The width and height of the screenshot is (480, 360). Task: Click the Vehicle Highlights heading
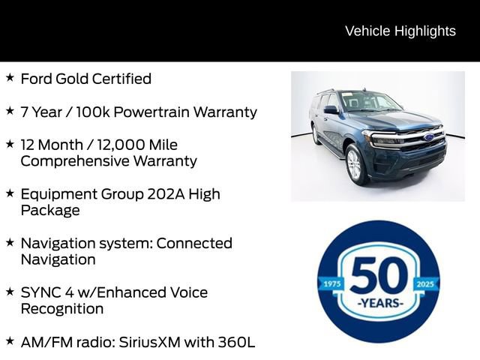click(x=400, y=31)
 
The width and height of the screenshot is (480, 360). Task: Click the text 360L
click(x=237, y=342)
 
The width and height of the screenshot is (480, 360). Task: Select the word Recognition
click(x=62, y=308)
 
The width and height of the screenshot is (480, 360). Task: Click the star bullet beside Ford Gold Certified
click(x=10, y=77)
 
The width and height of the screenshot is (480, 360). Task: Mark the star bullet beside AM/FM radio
click(x=10, y=340)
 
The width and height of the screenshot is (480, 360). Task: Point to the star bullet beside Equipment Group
click(x=10, y=192)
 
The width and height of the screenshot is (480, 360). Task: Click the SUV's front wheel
click(x=355, y=163)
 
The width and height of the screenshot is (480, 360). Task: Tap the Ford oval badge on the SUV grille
click(x=428, y=137)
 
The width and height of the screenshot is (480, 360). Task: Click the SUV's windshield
click(x=370, y=102)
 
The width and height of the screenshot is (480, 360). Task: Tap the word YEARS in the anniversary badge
click(x=379, y=303)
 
